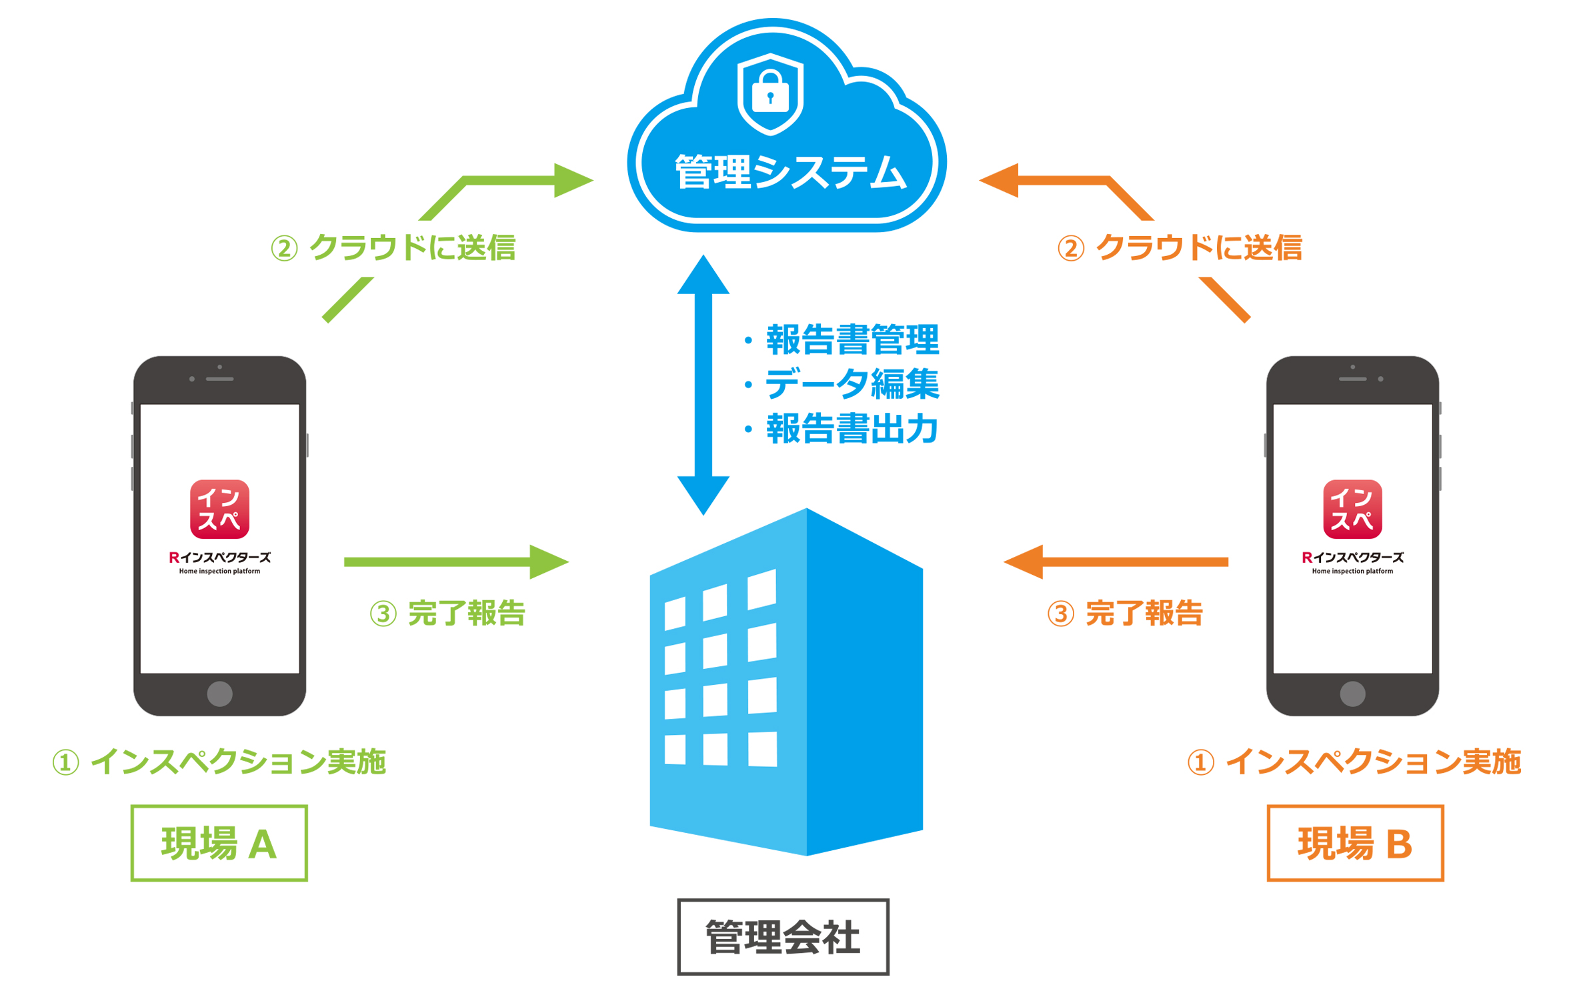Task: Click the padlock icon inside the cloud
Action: (x=770, y=94)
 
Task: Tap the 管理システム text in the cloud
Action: (x=790, y=172)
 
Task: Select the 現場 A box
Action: (x=219, y=843)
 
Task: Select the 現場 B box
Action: (x=1354, y=843)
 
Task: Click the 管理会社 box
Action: (x=783, y=936)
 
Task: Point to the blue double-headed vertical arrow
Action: (x=703, y=385)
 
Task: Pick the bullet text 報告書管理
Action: (x=852, y=339)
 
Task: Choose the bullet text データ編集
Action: (x=852, y=384)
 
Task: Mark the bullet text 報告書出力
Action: (x=852, y=429)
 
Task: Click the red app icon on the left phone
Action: (x=219, y=509)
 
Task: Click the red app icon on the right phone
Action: (x=1352, y=509)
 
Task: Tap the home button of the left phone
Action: (x=219, y=694)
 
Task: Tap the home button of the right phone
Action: (x=1352, y=694)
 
